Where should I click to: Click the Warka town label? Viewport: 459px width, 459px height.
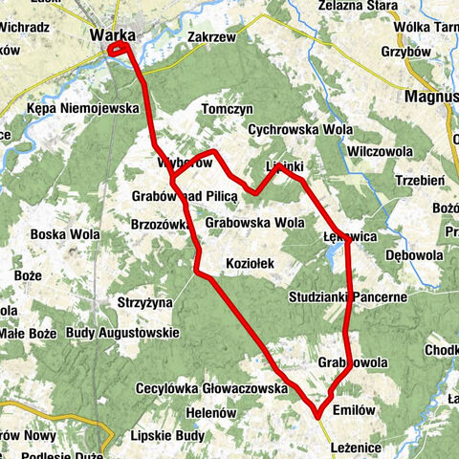pyautogui.click(x=112, y=35)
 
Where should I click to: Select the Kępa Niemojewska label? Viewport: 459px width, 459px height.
pyautogui.click(x=84, y=109)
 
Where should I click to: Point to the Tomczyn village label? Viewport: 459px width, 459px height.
pyautogui.click(x=226, y=109)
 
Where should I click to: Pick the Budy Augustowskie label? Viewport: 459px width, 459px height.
pyautogui.click(x=123, y=333)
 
